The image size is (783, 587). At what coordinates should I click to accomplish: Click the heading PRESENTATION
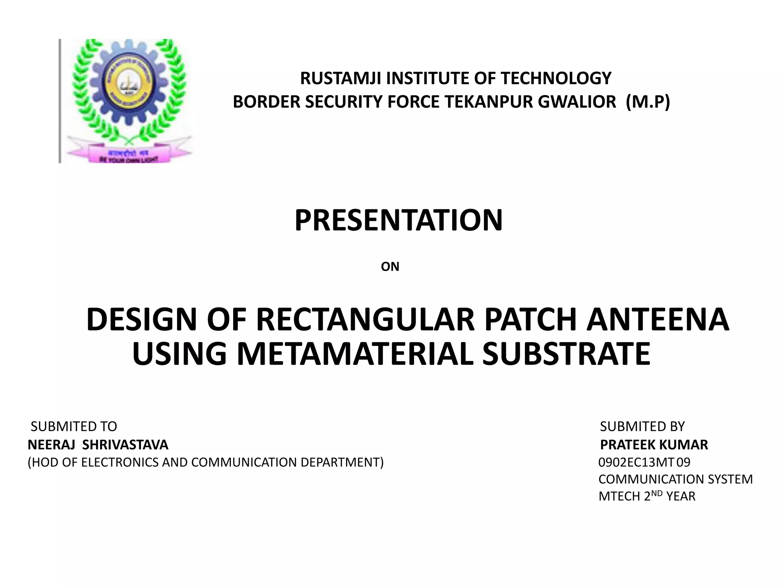pyautogui.click(x=398, y=221)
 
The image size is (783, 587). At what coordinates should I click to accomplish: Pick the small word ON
pyautogui.click(x=390, y=267)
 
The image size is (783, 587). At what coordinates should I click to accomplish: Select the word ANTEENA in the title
pyautogui.click(x=658, y=319)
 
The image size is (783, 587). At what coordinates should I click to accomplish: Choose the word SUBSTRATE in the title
pyautogui.click(x=566, y=354)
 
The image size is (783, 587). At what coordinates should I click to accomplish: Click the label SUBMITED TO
pyautogui.click(x=74, y=426)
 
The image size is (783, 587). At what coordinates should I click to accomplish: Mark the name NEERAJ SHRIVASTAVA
pyautogui.click(x=98, y=444)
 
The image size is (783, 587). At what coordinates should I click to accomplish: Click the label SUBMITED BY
pyautogui.click(x=642, y=426)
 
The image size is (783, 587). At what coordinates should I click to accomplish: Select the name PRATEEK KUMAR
pyautogui.click(x=654, y=444)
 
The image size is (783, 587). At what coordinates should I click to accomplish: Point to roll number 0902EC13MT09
pyautogui.click(x=644, y=462)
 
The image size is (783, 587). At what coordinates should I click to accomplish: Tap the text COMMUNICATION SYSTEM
pyautogui.click(x=676, y=479)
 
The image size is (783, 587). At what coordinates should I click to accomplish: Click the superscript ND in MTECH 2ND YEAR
pyautogui.click(x=657, y=493)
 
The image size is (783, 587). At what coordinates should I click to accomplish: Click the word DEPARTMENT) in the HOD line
pyautogui.click(x=342, y=462)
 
